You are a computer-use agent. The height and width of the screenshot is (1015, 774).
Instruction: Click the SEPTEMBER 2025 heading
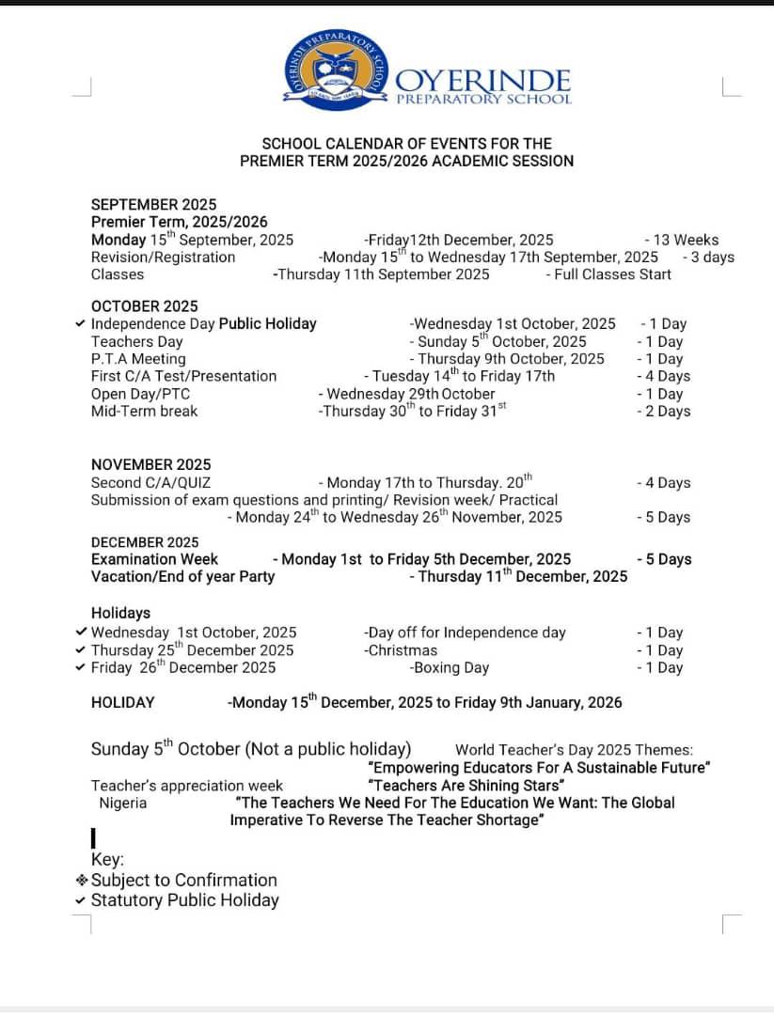pos(153,204)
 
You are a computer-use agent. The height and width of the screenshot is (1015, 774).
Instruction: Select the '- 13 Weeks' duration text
pos(681,240)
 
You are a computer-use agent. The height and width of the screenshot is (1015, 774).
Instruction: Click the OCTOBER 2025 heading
pos(144,306)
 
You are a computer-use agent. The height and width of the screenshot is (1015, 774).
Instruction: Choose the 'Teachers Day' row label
pos(136,341)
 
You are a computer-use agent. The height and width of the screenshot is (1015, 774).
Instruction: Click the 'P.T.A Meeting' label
pos(138,359)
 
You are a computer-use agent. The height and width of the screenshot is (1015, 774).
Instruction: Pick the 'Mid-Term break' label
pos(144,411)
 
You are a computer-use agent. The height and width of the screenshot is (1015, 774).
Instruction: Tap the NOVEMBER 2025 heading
pos(150,464)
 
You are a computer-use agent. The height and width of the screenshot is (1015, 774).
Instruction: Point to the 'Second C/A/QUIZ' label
pos(150,483)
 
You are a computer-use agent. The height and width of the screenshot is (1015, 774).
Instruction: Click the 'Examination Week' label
pos(154,559)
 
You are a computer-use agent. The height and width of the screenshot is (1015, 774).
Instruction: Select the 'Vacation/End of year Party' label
pos(182,576)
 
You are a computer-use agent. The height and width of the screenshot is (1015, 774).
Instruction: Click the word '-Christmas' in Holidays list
pos(401,650)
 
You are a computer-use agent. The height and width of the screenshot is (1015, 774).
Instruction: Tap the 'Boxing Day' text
pos(450,667)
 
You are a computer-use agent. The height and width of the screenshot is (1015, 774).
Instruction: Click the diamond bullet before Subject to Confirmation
pos(82,881)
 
